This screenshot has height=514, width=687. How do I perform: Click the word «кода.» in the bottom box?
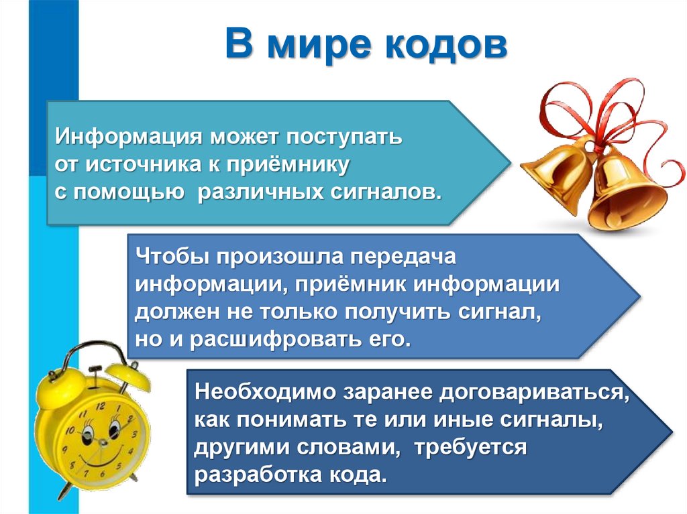point(362,474)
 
